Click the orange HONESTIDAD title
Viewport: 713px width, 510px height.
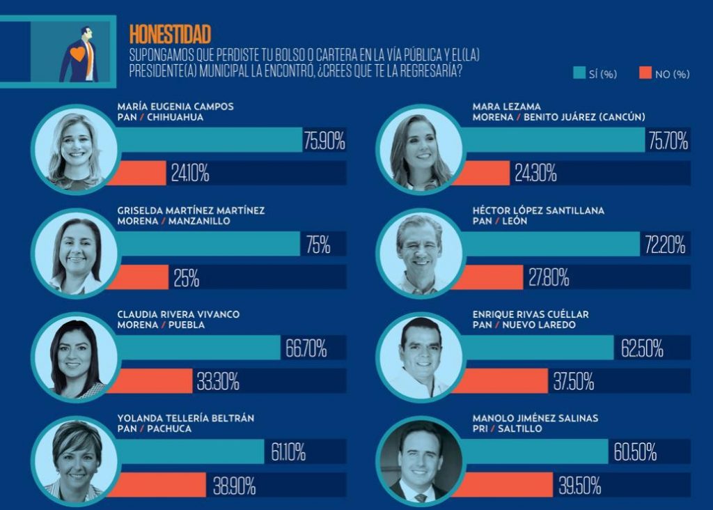(x=170, y=34)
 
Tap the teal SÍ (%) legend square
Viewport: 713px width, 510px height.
(x=579, y=73)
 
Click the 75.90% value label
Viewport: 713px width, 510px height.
(x=324, y=141)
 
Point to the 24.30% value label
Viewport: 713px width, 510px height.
(x=535, y=173)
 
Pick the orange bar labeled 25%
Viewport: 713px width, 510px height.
(x=138, y=277)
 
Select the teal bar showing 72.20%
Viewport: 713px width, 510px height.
(x=550, y=244)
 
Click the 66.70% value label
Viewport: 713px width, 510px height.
(x=306, y=347)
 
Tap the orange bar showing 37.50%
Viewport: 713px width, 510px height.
(x=501, y=381)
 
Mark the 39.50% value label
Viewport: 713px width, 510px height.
(x=579, y=485)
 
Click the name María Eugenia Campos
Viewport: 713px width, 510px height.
(x=175, y=107)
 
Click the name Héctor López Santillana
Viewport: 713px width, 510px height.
(x=538, y=210)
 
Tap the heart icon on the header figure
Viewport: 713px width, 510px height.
(x=79, y=53)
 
